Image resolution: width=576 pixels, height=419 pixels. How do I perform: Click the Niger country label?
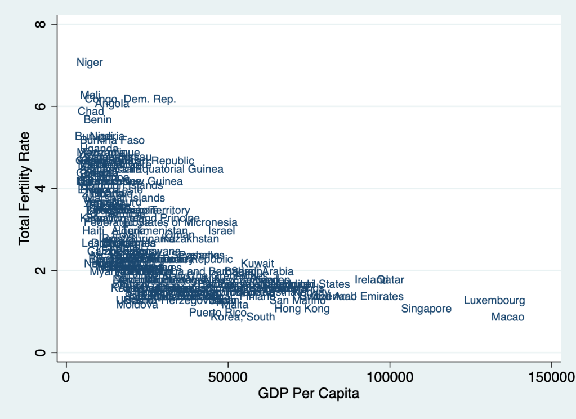coord(90,63)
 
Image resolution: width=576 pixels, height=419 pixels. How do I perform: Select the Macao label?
coord(507,318)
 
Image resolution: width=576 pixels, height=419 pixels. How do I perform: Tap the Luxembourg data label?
coord(494,301)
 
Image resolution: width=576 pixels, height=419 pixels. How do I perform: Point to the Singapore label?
coord(426,309)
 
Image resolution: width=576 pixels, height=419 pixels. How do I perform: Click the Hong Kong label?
coord(302,309)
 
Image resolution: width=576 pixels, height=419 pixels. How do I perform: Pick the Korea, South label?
coord(243,317)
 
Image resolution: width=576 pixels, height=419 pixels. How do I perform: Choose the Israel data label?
coord(221,231)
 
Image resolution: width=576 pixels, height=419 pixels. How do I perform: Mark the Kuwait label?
coord(257,264)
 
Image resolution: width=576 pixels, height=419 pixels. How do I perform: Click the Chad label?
coord(91,112)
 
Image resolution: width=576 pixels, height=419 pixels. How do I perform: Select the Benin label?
coord(97,120)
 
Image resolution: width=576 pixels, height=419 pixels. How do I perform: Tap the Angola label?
coord(112,104)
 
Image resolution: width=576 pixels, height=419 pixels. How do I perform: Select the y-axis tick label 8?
coord(39,24)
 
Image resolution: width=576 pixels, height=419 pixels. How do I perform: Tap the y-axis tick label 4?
coord(39,188)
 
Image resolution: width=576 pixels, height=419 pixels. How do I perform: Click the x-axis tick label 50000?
coord(227,375)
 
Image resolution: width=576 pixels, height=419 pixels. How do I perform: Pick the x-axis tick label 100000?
coord(390,375)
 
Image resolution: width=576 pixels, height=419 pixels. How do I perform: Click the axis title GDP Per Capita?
coord(309,394)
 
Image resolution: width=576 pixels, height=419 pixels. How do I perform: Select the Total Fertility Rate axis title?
coord(24,188)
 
